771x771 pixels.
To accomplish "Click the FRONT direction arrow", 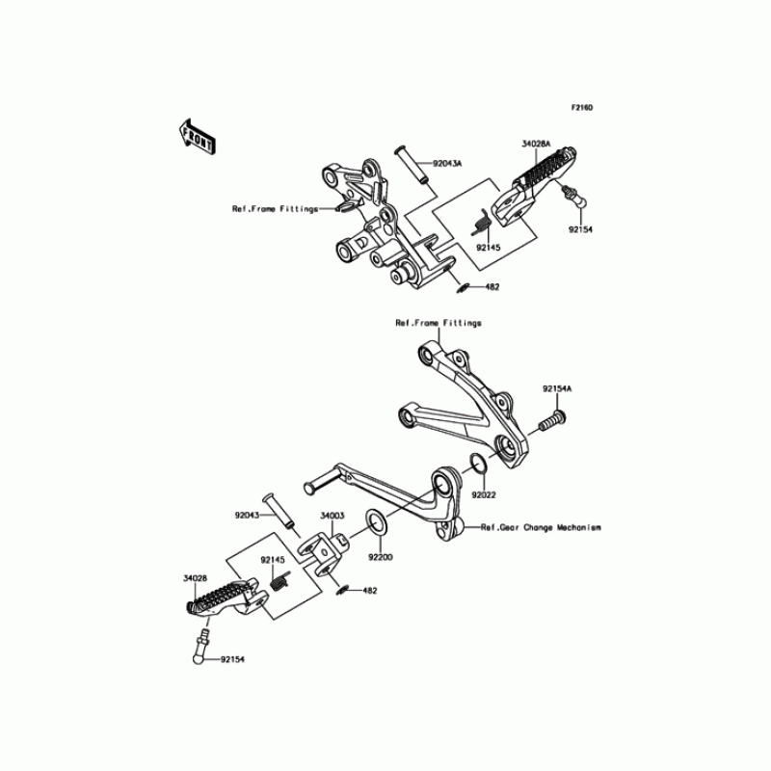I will coord(196,138).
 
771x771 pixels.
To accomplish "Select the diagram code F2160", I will coord(581,108).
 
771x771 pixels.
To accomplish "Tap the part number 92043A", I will coord(447,165).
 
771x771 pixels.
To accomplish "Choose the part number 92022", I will coord(484,495).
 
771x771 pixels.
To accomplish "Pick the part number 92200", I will coord(378,557).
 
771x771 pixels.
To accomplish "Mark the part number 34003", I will coord(332,517).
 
